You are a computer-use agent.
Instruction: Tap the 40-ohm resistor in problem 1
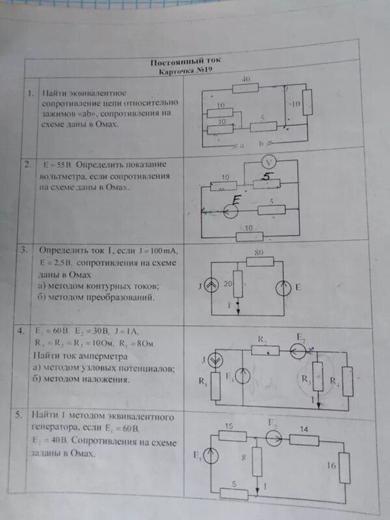[x=246, y=86]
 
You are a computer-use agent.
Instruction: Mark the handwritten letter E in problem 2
[x=238, y=200]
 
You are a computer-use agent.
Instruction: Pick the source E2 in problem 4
[x=300, y=352]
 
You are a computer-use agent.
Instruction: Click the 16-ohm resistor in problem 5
[x=345, y=467]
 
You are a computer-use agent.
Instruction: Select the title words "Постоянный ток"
[x=175, y=63]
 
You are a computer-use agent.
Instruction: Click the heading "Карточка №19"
[x=181, y=71]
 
